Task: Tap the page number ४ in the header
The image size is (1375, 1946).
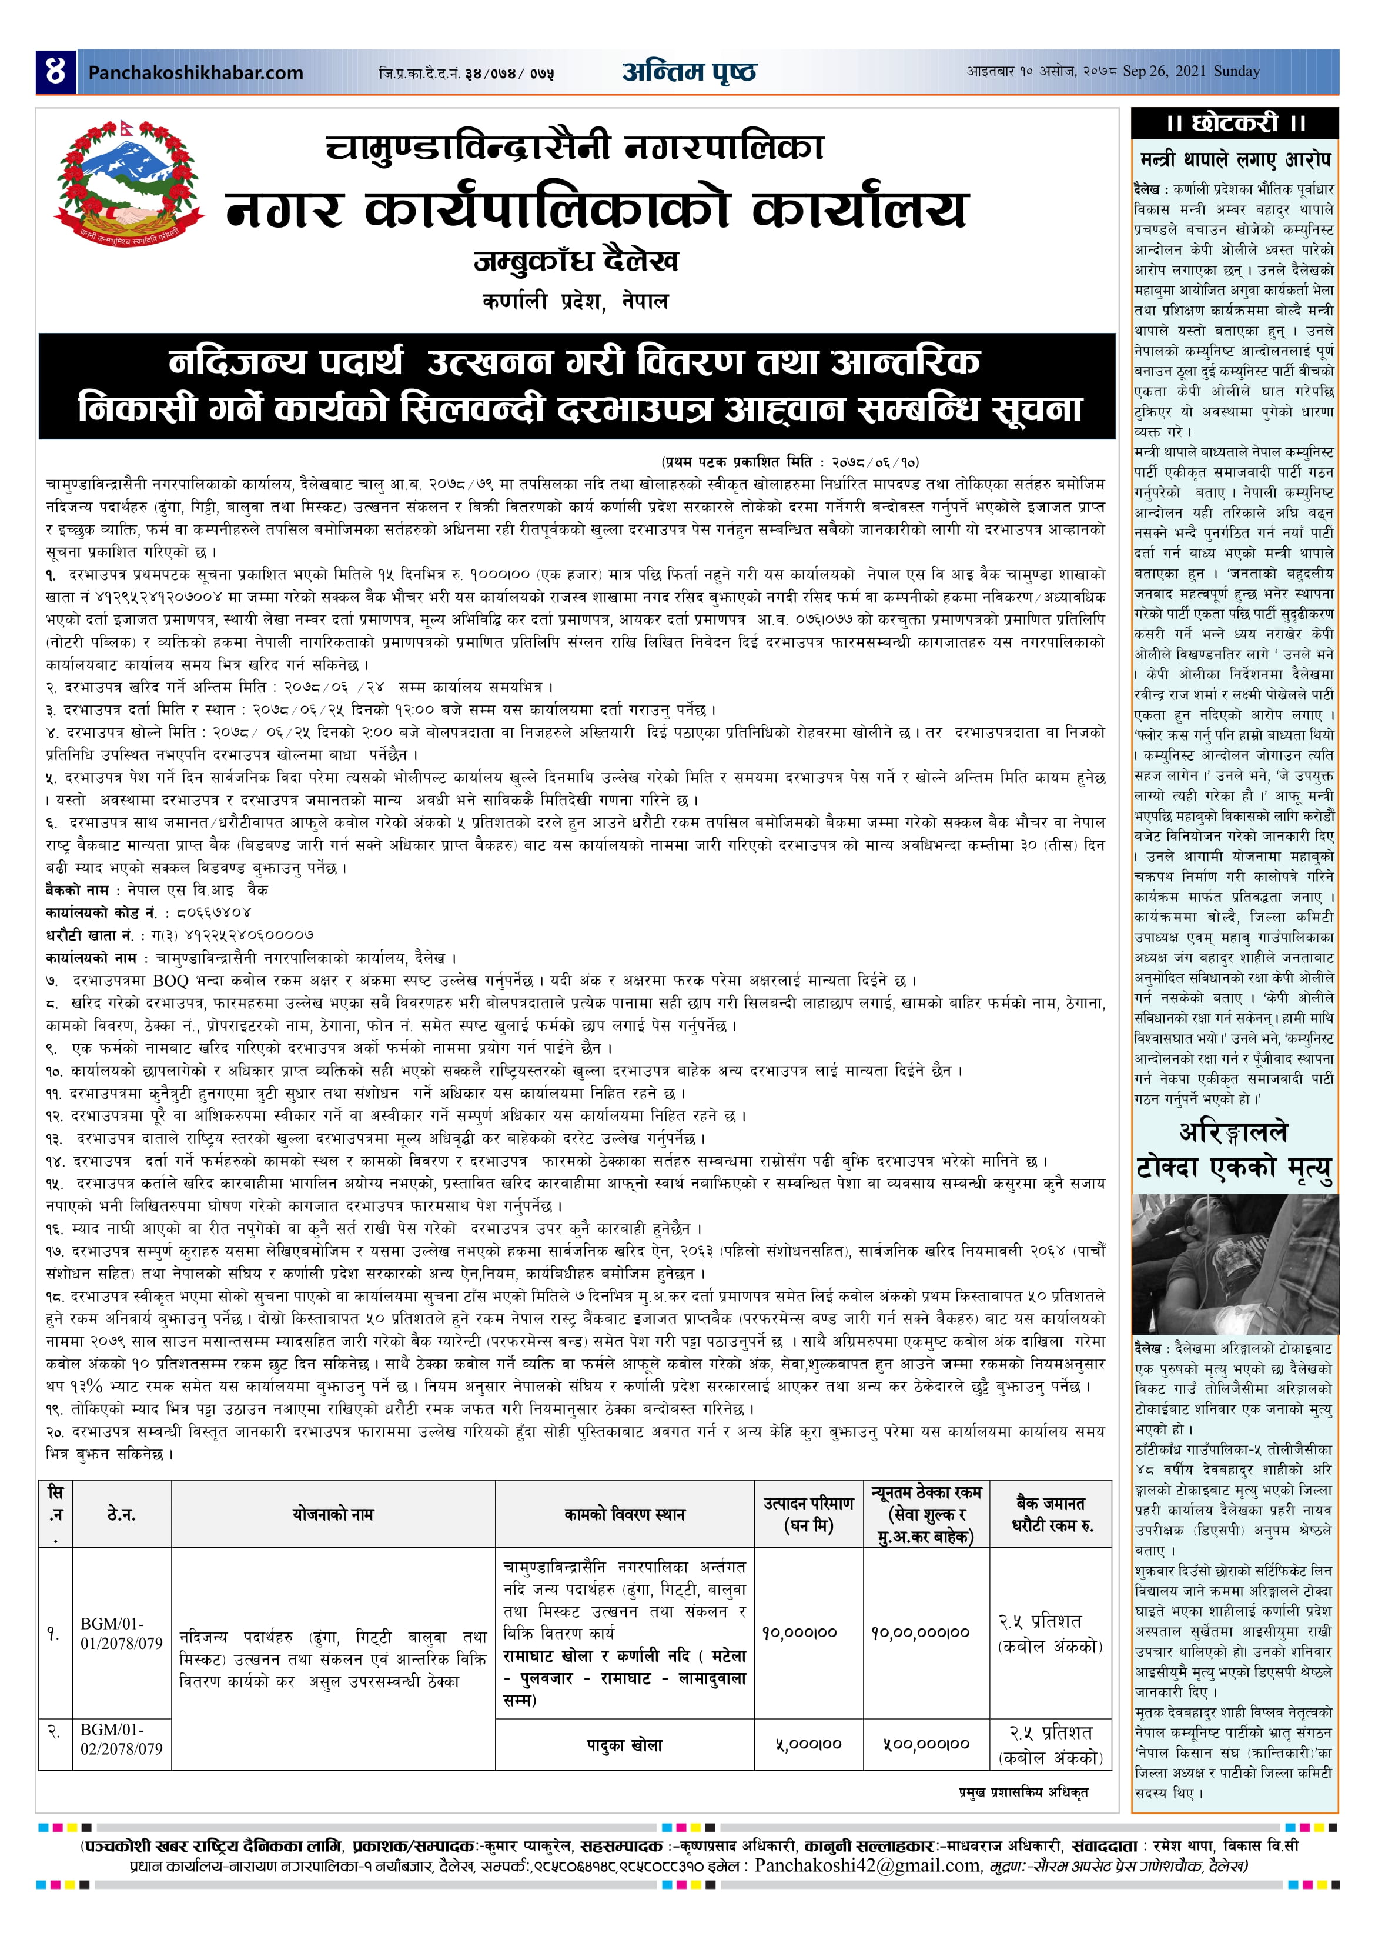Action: tap(55, 71)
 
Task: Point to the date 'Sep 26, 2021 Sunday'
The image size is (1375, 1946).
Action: tap(1190, 71)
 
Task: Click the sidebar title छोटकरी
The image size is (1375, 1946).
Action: tap(1235, 123)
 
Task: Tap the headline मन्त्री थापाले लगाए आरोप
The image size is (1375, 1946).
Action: tap(1235, 159)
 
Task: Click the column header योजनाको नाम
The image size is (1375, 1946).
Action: tap(333, 1514)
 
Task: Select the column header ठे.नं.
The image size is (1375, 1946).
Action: tap(121, 1514)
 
